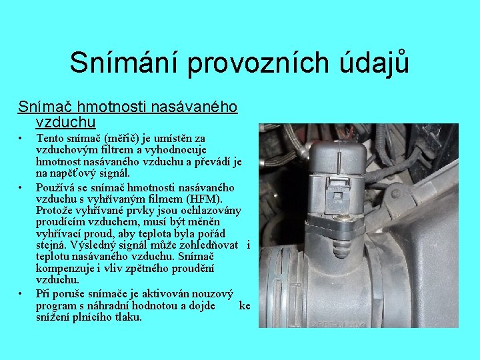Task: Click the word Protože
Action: (x=57, y=210)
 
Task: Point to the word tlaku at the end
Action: (x=127, y=317)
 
